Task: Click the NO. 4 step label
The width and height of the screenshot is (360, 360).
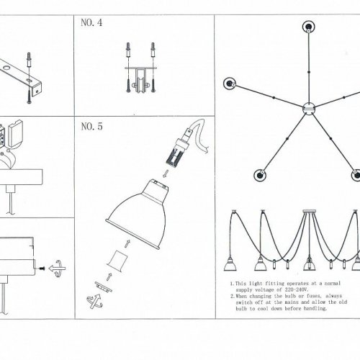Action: point(91,22)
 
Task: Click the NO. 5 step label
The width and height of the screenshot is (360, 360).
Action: point(91,127)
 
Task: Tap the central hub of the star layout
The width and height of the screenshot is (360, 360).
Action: point(309,108)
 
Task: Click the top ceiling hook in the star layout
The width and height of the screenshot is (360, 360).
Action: point(309,27)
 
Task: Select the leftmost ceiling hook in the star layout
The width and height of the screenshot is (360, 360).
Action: point(230,84)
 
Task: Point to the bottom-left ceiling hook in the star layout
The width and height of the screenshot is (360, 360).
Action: point(260,175)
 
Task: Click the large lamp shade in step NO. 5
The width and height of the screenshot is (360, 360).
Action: point(137,214)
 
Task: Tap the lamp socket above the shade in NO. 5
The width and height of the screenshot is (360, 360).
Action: point(178,150)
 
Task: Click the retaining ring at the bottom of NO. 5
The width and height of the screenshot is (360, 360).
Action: point(104,287)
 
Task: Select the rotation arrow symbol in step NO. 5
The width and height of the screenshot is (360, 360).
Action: point(95,301)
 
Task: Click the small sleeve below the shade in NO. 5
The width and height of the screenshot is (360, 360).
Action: point(117,259)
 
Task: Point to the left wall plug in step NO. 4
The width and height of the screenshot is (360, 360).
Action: point(129,50)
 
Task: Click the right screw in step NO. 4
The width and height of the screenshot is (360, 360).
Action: point(153,85)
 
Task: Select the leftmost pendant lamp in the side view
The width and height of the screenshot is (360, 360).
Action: point(230,264)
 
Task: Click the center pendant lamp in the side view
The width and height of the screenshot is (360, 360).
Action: point(310,264)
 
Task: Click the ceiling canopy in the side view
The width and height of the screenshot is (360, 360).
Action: point(310,212)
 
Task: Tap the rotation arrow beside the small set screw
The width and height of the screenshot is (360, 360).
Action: point(57,269)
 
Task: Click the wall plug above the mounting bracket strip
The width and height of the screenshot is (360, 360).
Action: point(30,60)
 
